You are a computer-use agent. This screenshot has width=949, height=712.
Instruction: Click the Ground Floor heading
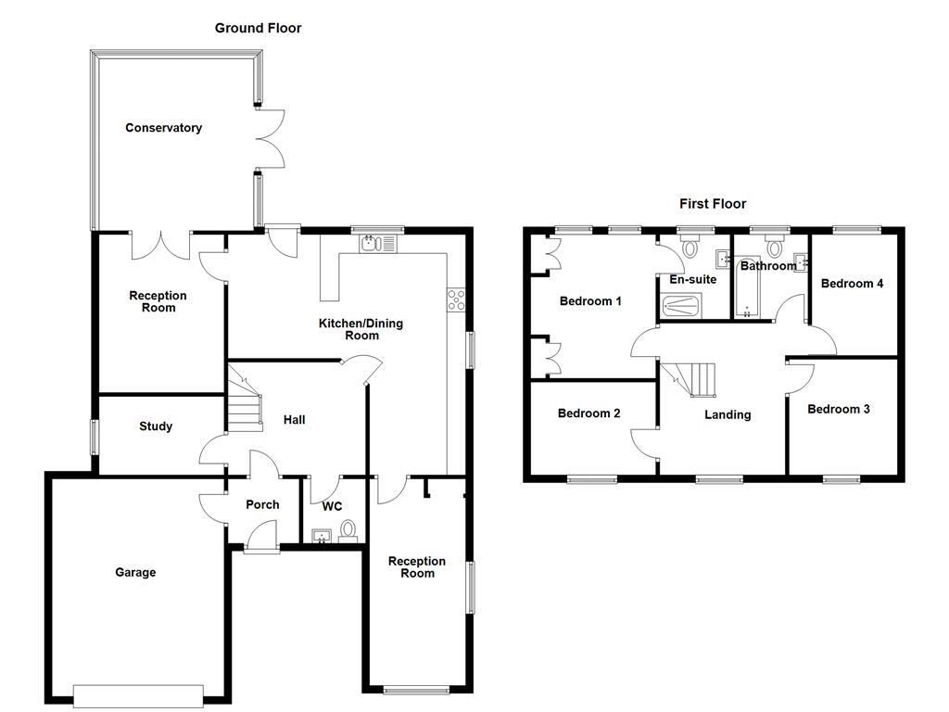[258, 28]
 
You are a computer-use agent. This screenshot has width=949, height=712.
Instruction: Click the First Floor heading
[712, 204]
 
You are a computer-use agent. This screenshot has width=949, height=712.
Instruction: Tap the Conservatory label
[163, 128]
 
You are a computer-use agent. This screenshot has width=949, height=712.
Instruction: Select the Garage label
[135, 572]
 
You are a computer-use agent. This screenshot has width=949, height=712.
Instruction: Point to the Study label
[156, 426]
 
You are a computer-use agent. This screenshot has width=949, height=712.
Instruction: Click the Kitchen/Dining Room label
[361, 329]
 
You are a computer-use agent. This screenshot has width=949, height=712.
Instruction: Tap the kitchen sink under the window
[378, 244]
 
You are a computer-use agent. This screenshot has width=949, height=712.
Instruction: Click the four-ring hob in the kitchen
[457, 299]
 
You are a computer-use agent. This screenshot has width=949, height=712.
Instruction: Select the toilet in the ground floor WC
[348, 530]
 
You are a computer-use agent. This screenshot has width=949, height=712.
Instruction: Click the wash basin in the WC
[322, 536]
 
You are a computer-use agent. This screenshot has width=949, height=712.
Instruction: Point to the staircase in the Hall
[244, 394]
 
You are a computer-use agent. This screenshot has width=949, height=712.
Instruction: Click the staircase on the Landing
[693, 378]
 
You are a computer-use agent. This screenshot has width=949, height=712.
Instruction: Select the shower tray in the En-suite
[681, 307]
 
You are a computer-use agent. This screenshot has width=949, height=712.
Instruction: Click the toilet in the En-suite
[690, 247]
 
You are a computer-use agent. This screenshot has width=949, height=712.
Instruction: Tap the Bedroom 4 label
[852, 284]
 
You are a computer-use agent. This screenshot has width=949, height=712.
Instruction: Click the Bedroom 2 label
[588, 413]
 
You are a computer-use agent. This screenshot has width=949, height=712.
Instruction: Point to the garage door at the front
[138, 694]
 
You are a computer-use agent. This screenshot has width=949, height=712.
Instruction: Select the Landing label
[728, 414]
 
